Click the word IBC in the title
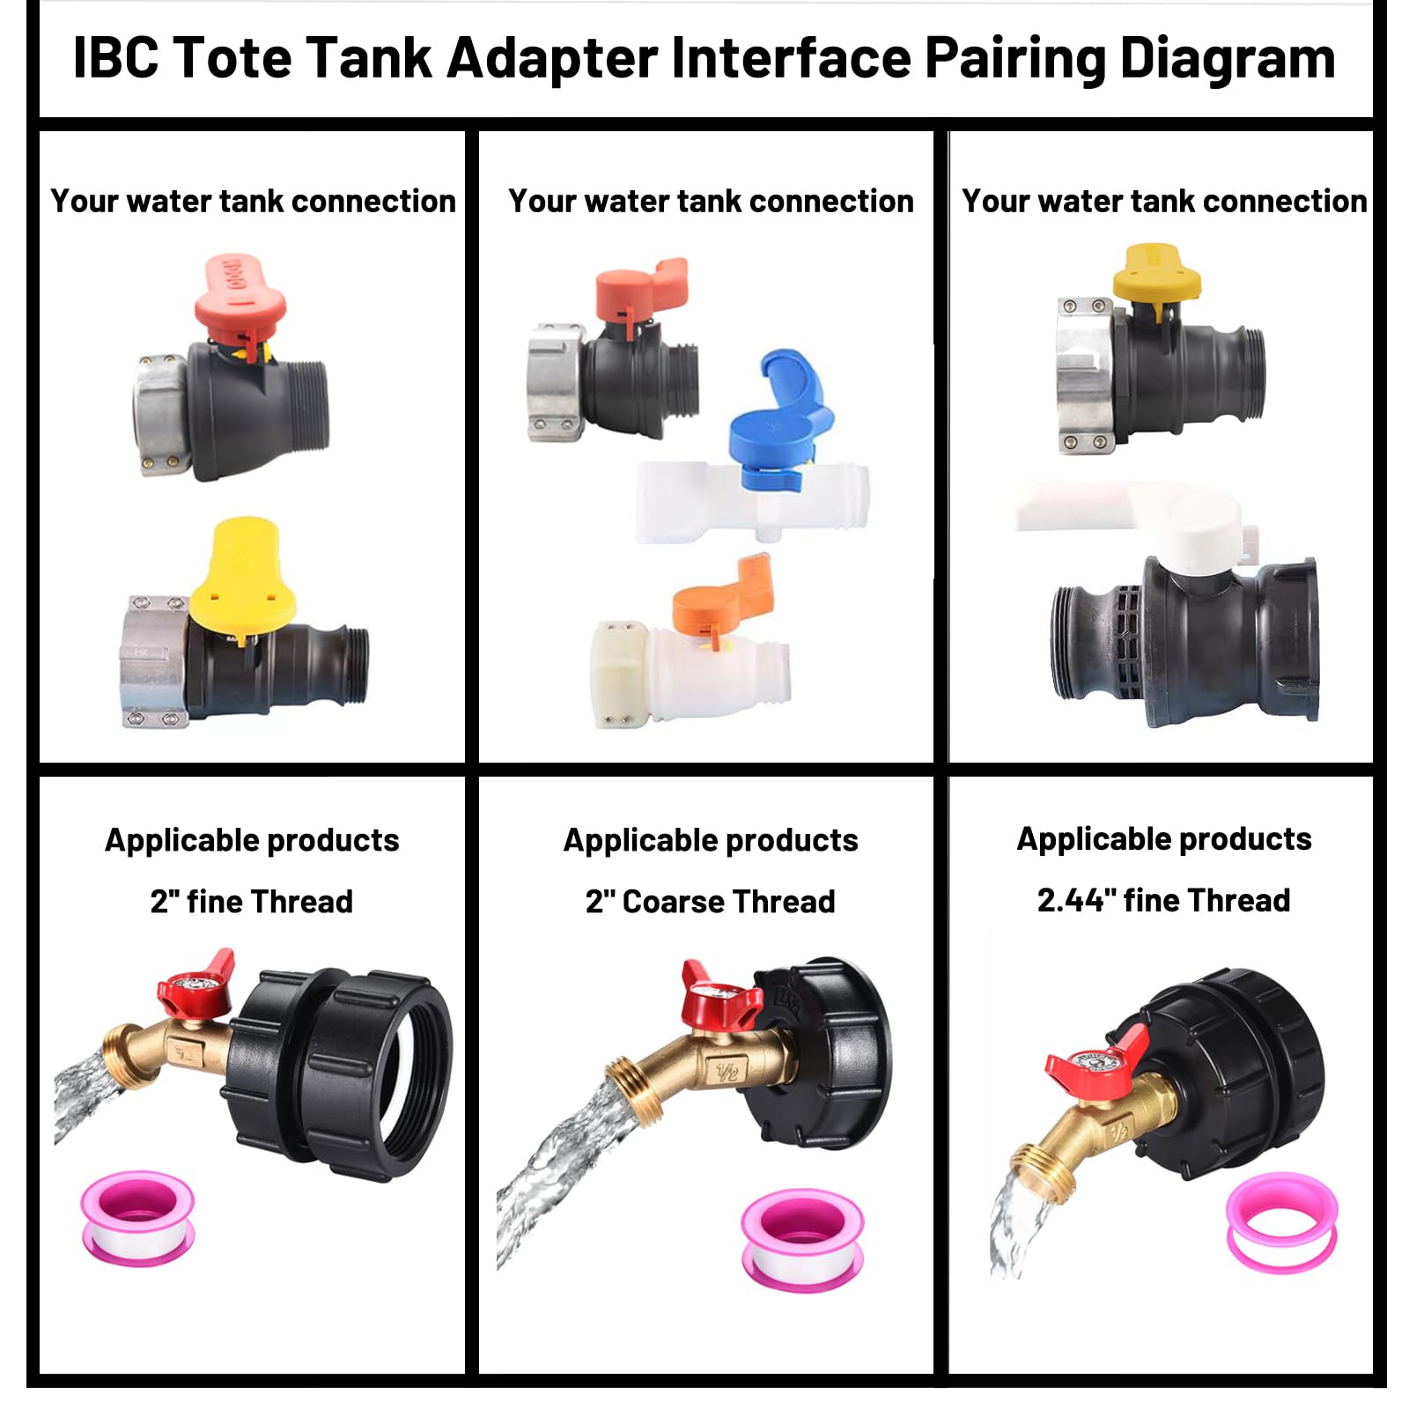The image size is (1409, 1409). click(x=115, y=59)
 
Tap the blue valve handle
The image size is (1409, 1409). click(x=779, y=423)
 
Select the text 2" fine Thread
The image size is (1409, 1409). click(x=252, y=901)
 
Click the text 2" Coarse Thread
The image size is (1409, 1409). click(x=710, y=901)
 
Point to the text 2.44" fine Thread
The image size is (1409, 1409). click(x=1163, y=900)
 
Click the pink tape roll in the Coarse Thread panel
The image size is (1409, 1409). click(x=801, y=1237)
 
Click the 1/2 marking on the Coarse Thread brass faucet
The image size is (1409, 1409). click(x=727, y=1072)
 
